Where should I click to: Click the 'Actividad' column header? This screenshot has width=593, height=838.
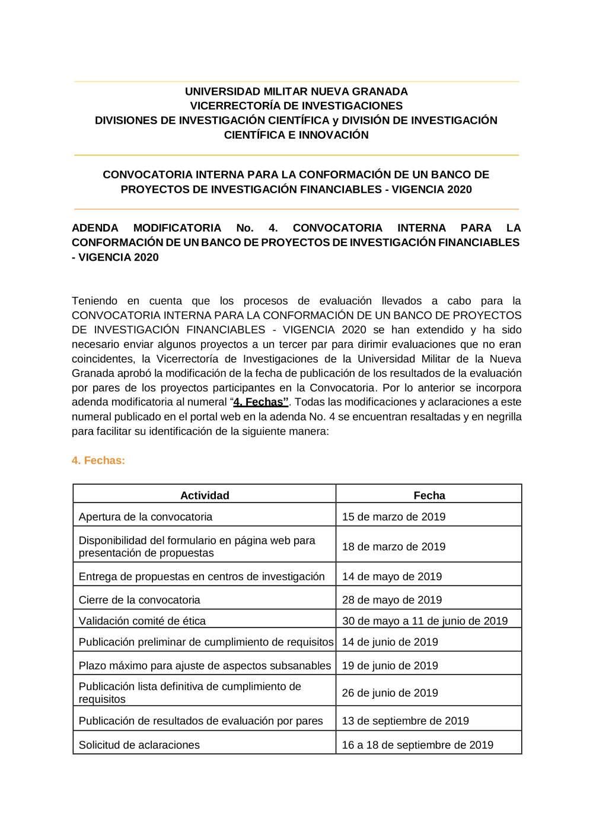point(205,495)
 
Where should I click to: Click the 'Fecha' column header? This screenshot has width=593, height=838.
point(429,495)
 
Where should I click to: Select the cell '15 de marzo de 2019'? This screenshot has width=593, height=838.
point(394,517)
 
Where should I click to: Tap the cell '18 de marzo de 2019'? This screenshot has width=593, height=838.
point(394,546)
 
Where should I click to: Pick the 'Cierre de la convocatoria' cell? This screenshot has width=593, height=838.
point(139,600)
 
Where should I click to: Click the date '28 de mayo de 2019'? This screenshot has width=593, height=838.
point(392,600)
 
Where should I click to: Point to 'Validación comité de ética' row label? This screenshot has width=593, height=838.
point(142,621)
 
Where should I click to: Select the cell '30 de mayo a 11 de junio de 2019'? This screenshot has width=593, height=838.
point(425,621)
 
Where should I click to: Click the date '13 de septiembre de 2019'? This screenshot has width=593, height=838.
point(406,721)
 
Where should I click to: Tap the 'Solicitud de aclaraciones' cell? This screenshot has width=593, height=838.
point(139,745)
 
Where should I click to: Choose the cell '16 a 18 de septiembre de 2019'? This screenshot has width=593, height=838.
point(417,745)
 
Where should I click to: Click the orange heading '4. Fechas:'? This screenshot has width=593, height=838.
point(98,460)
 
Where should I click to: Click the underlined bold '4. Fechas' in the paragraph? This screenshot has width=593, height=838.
point(260,402)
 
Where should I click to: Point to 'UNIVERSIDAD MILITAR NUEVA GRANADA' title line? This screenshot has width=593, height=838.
point(296,91)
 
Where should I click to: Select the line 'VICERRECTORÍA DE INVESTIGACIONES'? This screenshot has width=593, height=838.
point(296,105)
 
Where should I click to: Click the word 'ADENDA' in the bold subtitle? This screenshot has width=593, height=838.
point(95,228)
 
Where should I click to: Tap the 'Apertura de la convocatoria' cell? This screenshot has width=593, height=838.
point(145,517)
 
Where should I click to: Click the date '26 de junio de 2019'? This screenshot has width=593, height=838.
point(390,693)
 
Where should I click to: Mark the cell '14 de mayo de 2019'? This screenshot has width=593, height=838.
point(392,577)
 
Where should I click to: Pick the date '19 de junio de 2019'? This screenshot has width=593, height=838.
point(390,666)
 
